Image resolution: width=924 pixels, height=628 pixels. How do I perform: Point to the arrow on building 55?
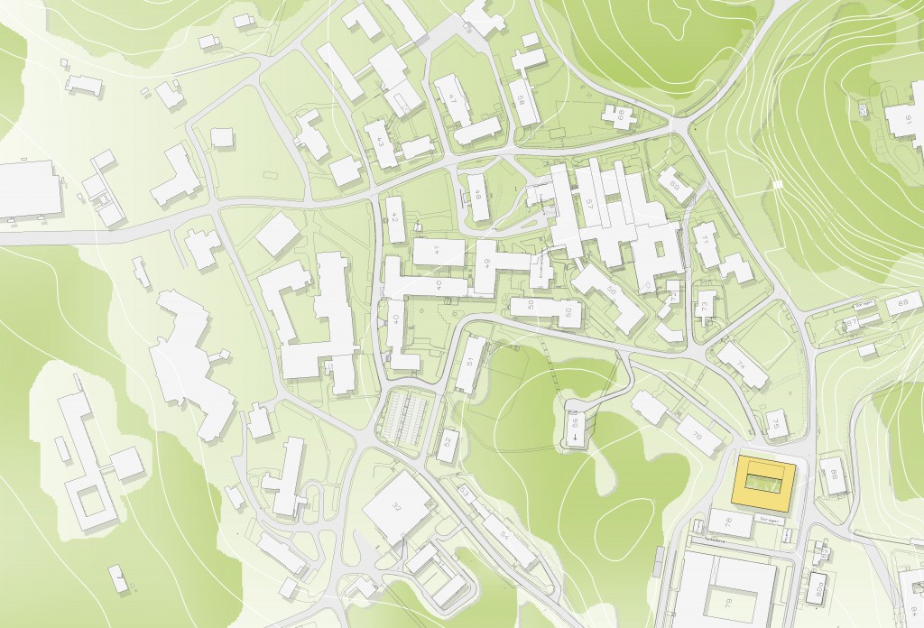coord(575,439)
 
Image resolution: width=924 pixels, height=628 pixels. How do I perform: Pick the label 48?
coord(477,195)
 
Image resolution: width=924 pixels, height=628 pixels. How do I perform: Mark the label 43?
coord(380,142)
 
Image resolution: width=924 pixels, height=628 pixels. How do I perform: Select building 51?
coord(469,363)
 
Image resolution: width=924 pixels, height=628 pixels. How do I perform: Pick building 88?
coord(903,303)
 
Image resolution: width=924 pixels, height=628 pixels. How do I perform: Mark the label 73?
coord(704,304)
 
